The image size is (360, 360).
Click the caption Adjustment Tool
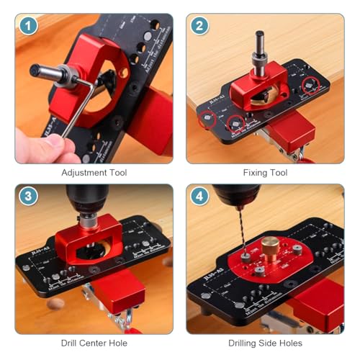pos(94,173)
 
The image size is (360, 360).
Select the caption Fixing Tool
pos(266,173)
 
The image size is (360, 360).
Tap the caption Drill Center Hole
pos(94,344)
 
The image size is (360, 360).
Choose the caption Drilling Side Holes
pos(266,344)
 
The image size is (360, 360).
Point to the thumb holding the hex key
pos(43,144)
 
